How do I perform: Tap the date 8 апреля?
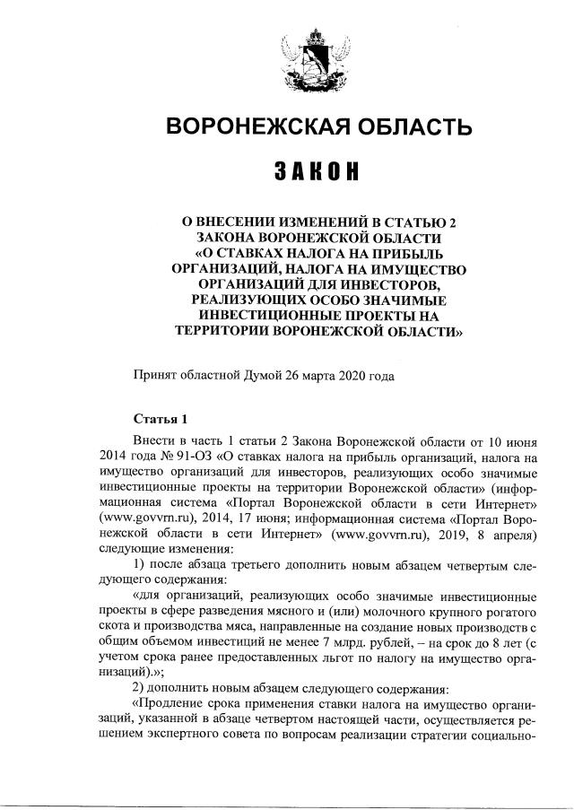pos(509,535)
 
